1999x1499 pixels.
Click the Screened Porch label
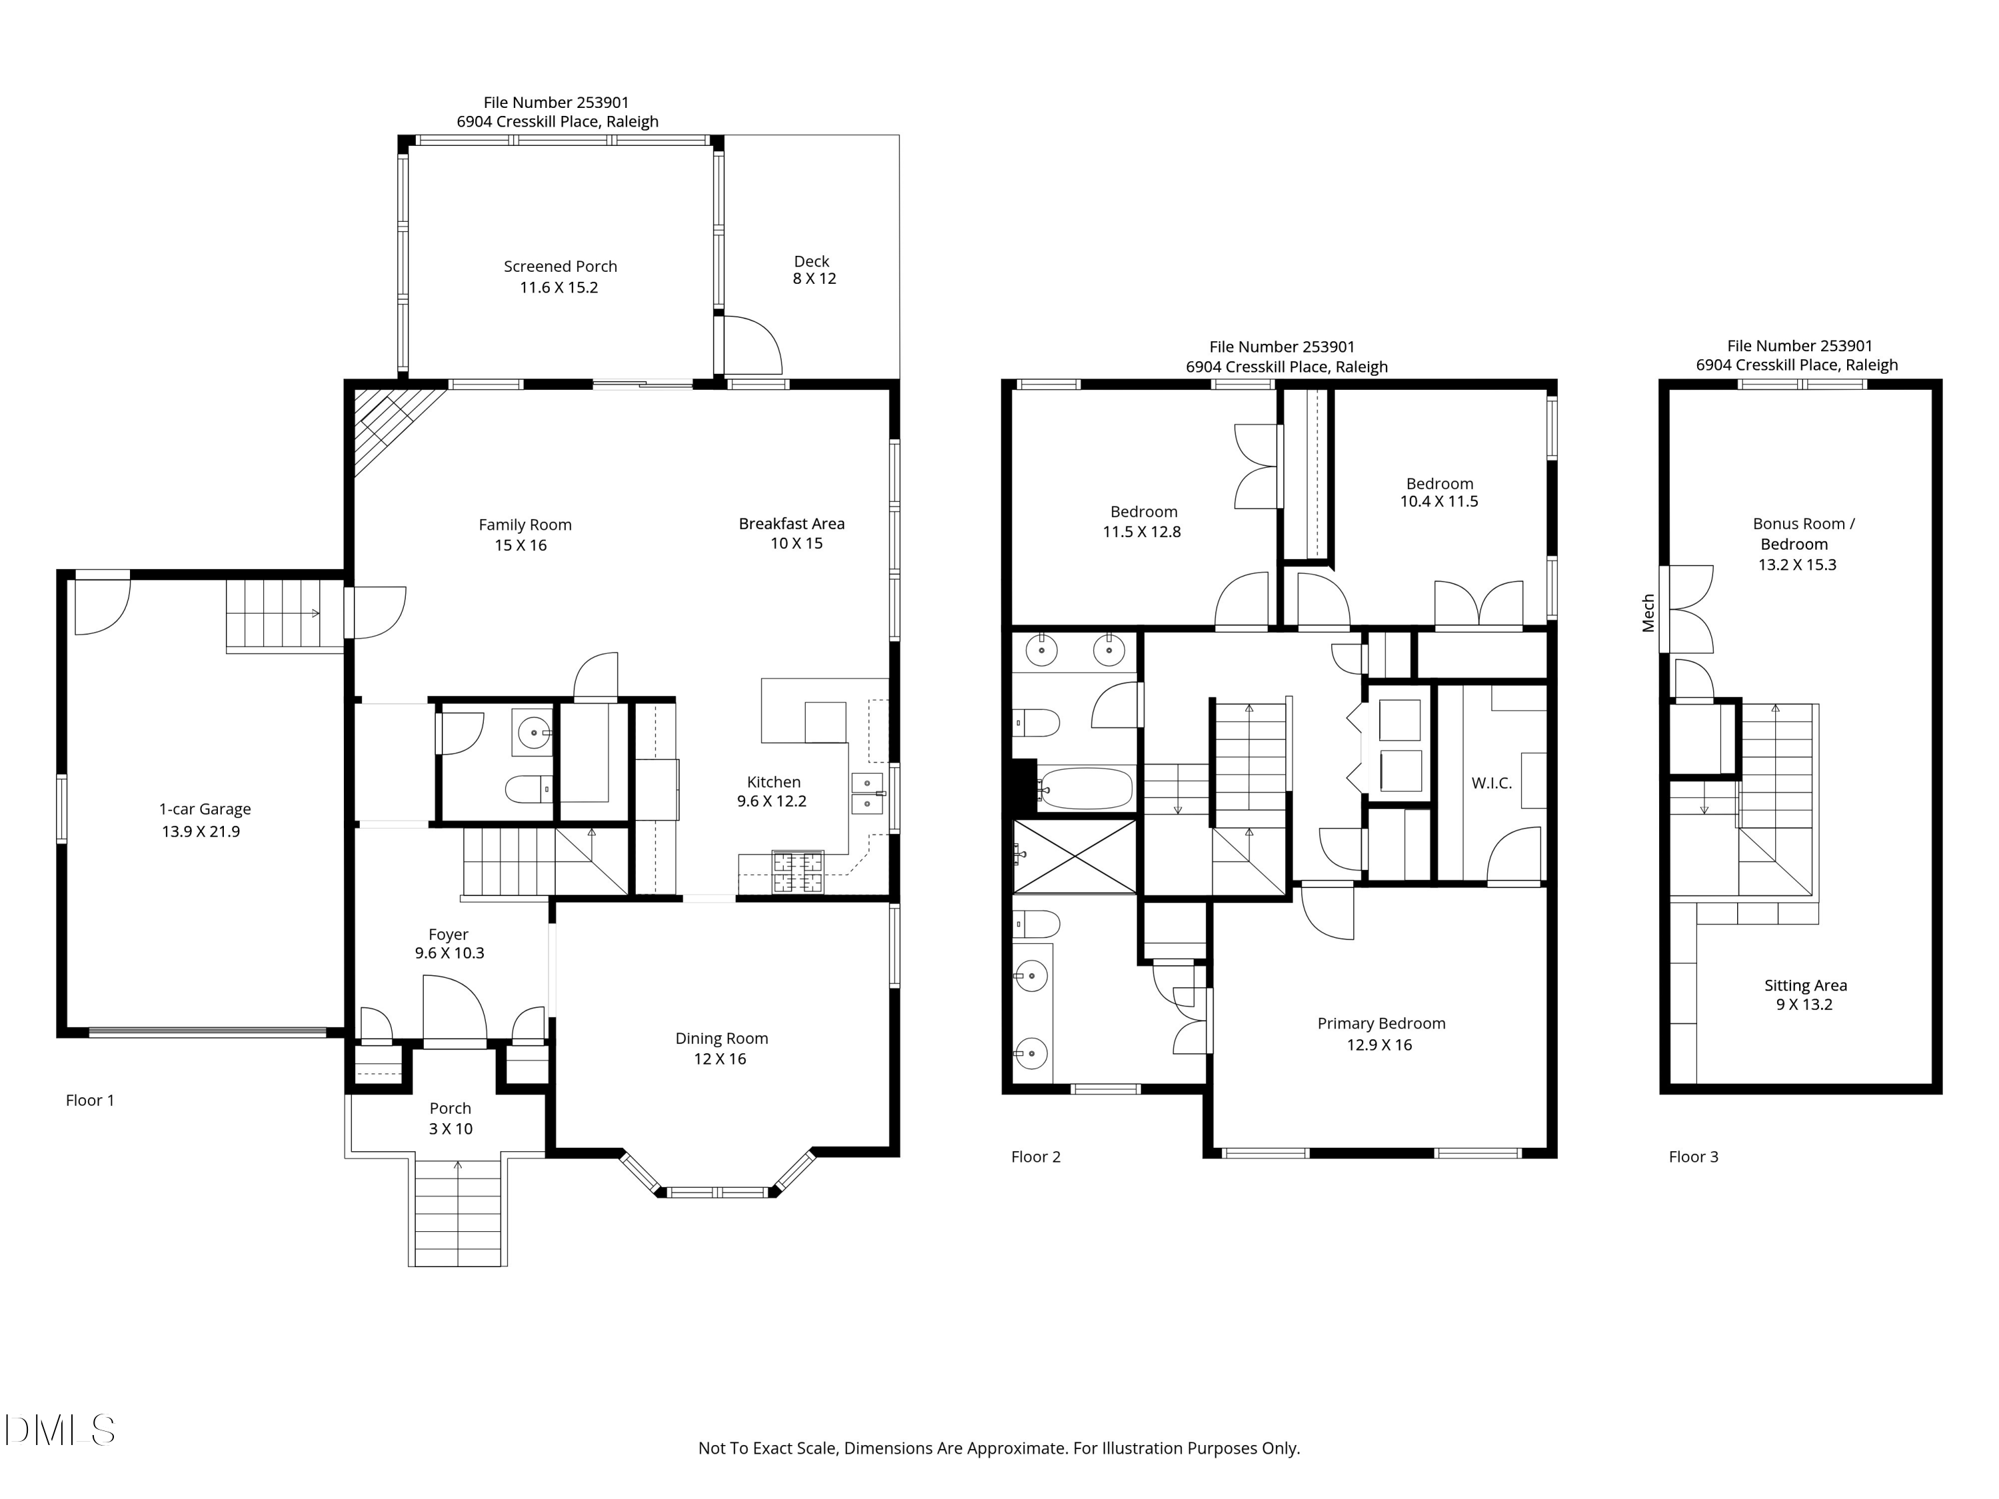pos(560,276)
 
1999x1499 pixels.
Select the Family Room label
pos(524,535)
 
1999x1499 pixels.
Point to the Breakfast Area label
pos(792,533)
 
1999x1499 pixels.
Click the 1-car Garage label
pos(205,820)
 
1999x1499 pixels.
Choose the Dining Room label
pos(721,1048)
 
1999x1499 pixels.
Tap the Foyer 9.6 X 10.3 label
pos(449,943)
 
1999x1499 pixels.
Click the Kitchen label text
pos(774,781)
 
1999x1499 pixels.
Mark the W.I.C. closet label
pos(1491,783)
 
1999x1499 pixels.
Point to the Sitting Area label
pos(1804,995)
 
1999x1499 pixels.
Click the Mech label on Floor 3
pos(1649,613)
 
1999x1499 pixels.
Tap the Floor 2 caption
pos(1035,1157)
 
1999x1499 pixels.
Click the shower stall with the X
pos(1075,855)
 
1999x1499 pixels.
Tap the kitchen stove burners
pos(797,872)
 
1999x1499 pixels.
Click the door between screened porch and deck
pos(749,345)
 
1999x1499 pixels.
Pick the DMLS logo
pos(60,1430)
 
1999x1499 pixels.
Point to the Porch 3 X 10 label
pos(450,1118)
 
